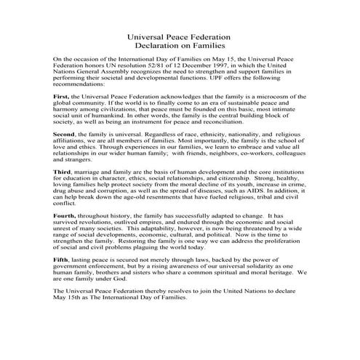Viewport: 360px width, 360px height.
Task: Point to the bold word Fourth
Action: [66, 216]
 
